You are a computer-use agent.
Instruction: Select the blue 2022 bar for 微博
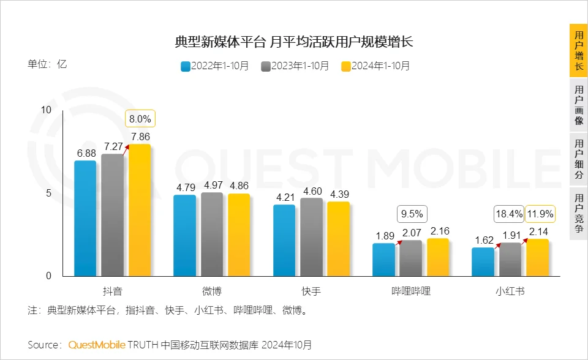[184, 235]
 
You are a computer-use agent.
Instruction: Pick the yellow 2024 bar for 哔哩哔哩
[439, 257]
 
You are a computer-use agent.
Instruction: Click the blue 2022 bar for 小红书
[483, 261]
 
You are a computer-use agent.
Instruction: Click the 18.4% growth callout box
[509, 214]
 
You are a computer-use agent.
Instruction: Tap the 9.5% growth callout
[412, 214]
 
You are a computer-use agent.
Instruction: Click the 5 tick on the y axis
[48, 193]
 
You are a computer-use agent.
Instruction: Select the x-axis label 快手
[311, 291]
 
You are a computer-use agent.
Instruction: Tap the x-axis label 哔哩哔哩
[411, 291]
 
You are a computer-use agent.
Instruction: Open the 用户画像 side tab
[578, 105]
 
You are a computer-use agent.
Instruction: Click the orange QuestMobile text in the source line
[97, 345]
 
